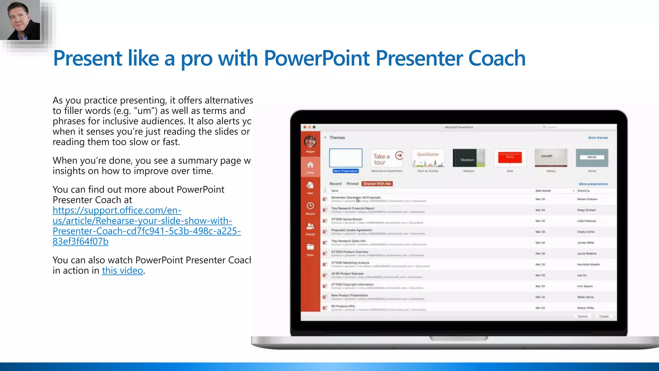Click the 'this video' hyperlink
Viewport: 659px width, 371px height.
tap(122, 271)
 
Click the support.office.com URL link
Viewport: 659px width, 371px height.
tap(146, 226)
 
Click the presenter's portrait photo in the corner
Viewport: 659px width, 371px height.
tap(20, 20)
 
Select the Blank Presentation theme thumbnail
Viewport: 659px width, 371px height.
tap(346, 158)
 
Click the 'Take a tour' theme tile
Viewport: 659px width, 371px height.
tap(386, 158)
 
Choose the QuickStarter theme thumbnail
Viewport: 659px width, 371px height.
tap(428, 158)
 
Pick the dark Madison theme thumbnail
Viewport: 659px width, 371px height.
tap(469, 158)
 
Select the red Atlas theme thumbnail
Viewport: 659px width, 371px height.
tap(510, 158)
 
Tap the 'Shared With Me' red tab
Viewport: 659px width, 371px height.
tap(377, 184)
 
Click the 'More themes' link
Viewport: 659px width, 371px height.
tap(598, 138)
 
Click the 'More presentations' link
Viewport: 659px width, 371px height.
tap(593, 184)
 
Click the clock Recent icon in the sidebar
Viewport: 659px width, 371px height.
tap(310, 206)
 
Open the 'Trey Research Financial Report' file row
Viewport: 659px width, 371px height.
tap(353, 208)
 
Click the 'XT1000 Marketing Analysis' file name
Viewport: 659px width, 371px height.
tap(350, 263)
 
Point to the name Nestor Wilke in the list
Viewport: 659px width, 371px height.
tap(585, 308)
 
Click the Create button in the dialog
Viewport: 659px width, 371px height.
tap(604, 316)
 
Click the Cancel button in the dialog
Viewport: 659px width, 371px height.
tap(582, 316)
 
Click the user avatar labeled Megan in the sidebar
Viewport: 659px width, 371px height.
tap(310, 142)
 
